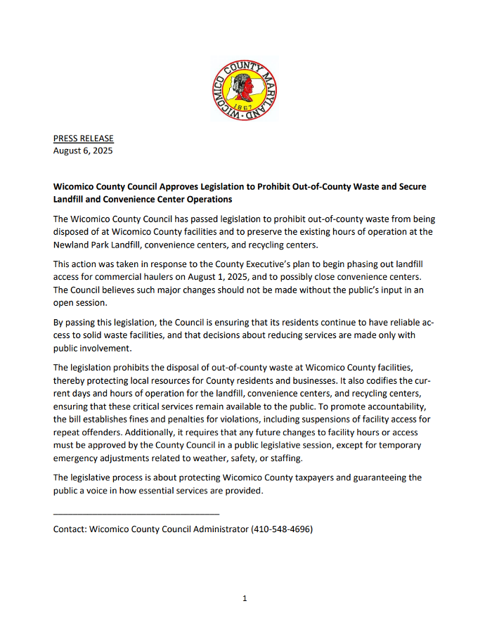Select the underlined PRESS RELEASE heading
83,138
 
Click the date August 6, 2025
83,150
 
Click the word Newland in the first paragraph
72,245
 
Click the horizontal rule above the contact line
136,515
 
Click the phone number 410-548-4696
282,529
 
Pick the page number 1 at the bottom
245,598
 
